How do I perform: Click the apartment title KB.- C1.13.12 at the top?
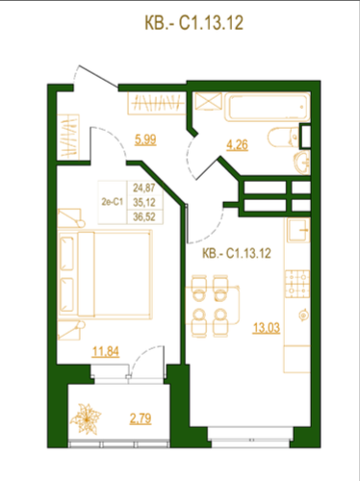(x=193, y=23)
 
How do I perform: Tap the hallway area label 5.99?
(x=145, y=139)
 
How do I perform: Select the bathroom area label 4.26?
(x=237, y=145)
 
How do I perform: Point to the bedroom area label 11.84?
(x=106, y=351)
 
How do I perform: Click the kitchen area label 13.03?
(x=267, y=328)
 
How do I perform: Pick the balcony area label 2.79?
(x=141, y=418)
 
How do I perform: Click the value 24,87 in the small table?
(x=144, y=188)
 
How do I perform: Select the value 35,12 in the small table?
(x=144, y=202)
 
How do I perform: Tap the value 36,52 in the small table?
(x=144, y=216)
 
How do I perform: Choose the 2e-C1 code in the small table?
(x=112, y=202)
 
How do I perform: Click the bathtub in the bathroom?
(x=267, y=107)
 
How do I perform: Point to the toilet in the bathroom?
(x=284, y=138)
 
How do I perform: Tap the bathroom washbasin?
(x=302, y=163)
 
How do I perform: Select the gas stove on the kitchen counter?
(x=297, y=284)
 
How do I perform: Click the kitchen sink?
(x=298, y=230)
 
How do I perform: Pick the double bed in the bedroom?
(x=105, y=274)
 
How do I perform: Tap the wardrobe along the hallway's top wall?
(x=157, y=103)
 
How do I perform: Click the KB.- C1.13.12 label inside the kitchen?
(x=237, y=253)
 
